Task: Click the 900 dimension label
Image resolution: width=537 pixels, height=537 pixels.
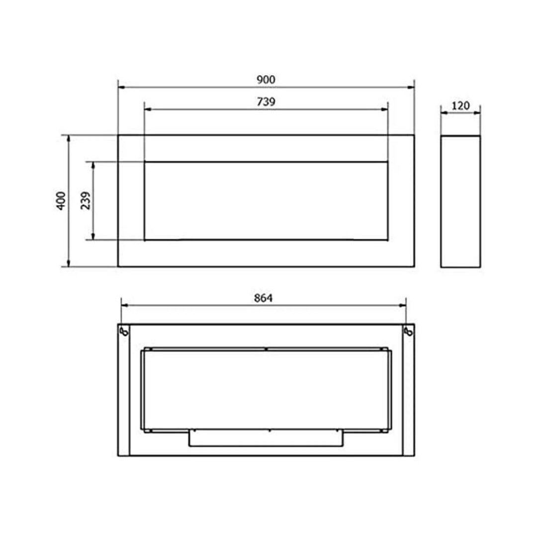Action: [x=266, y=80]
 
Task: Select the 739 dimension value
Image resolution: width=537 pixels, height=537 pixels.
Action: [x=266, y=102]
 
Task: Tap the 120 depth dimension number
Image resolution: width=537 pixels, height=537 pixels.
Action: [x=460, y=105]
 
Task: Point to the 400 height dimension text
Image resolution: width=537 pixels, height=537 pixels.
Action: [x=61, y=201]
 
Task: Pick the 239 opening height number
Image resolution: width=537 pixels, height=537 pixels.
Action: [x=86, y=201]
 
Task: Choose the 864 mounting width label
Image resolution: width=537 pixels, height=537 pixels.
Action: [x=263, y=298]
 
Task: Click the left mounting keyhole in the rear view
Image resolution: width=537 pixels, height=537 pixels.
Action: [x=124, y=331]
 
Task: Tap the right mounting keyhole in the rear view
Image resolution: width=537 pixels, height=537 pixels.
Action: [x=409, y=331]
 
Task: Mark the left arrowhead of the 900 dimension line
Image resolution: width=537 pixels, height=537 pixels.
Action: [x=121, y=88]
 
